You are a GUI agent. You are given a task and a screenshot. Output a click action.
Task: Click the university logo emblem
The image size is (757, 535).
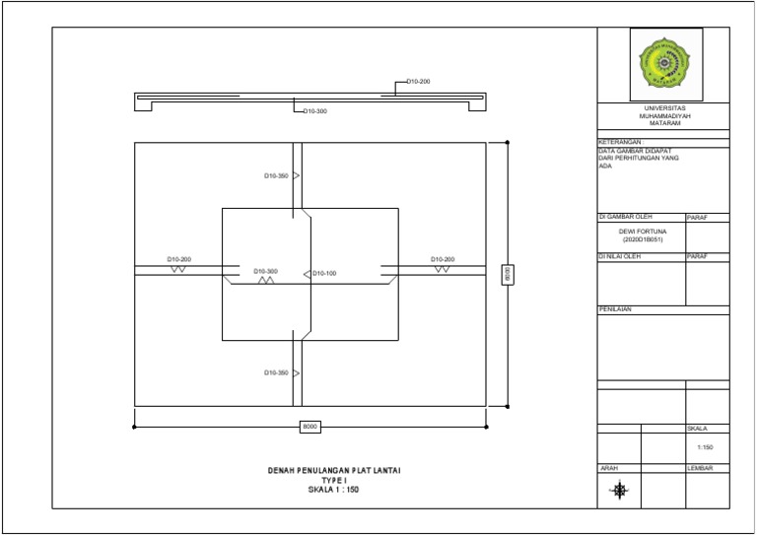click(665, 65)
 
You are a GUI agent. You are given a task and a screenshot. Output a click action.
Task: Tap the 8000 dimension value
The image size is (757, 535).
click(310, 426)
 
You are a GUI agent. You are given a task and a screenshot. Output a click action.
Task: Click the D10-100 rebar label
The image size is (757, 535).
click(324, 272)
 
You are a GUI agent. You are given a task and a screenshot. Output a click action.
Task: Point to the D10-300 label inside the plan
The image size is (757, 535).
click(265, 271)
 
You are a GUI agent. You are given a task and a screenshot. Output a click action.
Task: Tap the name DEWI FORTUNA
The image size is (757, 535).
click(642, 232)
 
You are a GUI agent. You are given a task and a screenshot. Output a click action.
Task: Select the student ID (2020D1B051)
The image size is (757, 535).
click(642, 239)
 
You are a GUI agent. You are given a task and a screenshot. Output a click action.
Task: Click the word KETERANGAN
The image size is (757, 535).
click(620, 142)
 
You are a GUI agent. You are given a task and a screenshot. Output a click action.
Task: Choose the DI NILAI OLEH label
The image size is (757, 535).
click(620, 257)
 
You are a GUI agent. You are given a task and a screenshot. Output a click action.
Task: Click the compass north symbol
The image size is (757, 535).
click(620, 490)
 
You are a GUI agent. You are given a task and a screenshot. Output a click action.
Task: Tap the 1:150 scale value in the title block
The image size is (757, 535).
click(707, 447)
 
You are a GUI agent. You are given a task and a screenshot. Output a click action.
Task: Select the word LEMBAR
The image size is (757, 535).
click(700, 467)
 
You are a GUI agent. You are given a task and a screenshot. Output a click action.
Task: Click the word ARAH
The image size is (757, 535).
click(608, 467)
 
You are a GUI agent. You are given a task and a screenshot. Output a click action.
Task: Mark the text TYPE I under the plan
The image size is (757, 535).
click(335, 480)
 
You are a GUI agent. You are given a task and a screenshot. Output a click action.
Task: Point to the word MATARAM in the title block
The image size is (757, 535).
click(665, 123)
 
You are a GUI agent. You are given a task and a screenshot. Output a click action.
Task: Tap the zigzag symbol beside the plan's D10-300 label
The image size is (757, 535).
click(266, 281)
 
